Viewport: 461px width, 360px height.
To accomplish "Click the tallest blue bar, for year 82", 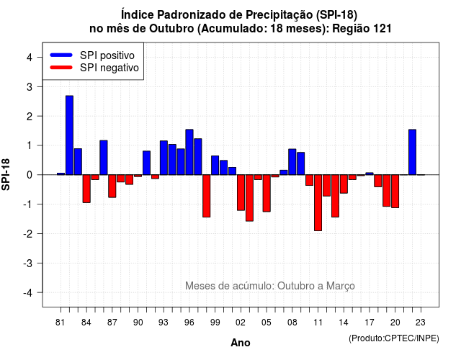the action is click(69, 135).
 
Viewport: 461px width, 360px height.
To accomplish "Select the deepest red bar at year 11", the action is click(318, 203).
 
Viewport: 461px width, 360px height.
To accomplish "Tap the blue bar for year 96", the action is click(189, 152).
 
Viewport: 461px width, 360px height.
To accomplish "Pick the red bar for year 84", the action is click(86, 189).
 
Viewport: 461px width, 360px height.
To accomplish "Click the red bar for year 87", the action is click(112, 186).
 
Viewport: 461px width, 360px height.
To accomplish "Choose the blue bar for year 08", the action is click(292, 162).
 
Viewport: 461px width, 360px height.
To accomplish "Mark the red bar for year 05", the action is click(267, 193).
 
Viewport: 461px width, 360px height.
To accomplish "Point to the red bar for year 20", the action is click(395, 192).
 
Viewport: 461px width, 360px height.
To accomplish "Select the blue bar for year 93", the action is click(164, 158).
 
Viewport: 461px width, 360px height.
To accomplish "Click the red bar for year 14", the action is click(344, 184).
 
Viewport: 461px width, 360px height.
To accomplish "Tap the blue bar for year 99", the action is click(215, 165).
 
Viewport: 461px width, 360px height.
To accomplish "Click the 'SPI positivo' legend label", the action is click(107, 55).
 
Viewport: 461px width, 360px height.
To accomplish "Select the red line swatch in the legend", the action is click(61, 68).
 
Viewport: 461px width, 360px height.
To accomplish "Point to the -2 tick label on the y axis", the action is click(29, 233).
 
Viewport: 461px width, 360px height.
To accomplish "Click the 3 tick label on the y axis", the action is click(30, 86).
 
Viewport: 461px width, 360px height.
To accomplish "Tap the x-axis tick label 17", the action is click(370, 323).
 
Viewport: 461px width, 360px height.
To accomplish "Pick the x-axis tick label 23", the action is click(421, 323).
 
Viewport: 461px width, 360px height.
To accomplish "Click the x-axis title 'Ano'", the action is click(241, 343).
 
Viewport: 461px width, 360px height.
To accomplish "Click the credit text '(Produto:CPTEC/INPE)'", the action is click(394, 338).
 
